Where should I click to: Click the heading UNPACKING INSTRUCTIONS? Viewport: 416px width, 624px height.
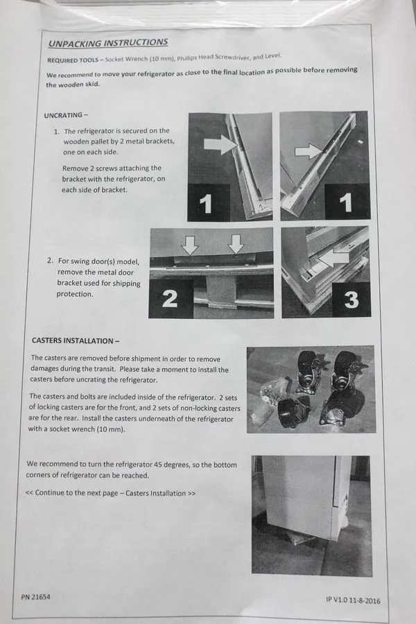click(x=108, y=42)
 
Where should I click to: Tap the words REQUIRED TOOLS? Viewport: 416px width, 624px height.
click(x=72, y=60)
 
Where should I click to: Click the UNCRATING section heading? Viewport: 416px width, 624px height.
click(x=66, y=115)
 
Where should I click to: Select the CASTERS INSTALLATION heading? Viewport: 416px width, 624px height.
click(x=76, y=340)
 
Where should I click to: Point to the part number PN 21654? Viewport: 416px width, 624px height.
click(x=35, y=597)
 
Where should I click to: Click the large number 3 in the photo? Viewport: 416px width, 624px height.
click(x=351, y=300)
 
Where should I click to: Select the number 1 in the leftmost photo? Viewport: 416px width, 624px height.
click(x=205, y=204)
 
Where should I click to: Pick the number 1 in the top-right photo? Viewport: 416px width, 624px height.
click(x=345, y=203)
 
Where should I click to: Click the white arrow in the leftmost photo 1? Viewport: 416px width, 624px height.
click(x=221, y=144)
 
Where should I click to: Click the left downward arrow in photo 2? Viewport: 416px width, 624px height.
click(x=190, y=245)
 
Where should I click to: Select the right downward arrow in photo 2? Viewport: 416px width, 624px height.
click(x=236, y=244)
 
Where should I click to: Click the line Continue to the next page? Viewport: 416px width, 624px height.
click(x=111, y=493)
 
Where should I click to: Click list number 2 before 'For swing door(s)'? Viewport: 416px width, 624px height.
click(x=50, y=261)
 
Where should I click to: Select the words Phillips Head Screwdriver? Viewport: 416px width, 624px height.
click(x=214, y=58)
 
